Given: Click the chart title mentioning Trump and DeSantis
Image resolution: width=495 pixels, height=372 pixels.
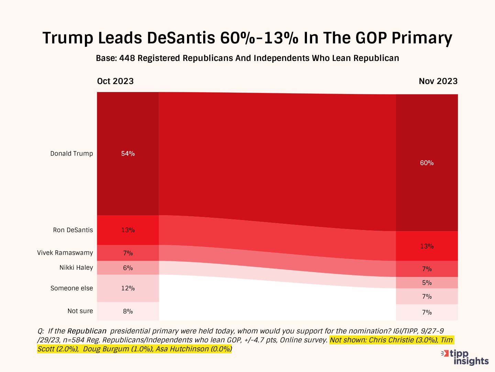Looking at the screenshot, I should click(x=247, y=38).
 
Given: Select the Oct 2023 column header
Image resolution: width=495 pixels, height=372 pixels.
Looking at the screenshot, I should click(x=115, y=81).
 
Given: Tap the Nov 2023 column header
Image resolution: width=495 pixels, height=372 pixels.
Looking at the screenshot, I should click(x=438, y=81).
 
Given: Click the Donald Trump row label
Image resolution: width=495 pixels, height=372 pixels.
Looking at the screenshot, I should click(x=71, y=154).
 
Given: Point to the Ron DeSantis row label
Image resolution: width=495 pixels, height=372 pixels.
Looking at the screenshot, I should click(x=73, y=230).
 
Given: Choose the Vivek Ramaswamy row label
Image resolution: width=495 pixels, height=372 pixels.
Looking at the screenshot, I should click(x=65, y=253).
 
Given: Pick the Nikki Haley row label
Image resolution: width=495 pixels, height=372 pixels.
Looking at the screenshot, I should click(x=76, y=268).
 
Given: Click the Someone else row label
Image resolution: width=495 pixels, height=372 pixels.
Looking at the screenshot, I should click(x=71, y=288).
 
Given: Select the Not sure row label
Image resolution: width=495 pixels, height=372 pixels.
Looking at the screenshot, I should click(x=80, y=311).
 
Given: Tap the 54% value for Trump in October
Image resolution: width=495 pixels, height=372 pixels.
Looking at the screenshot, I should click(x=128, y=154).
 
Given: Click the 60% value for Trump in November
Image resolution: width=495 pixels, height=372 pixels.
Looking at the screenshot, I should click(x=427, y=163).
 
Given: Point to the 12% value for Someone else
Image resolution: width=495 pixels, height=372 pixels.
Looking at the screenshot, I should click(x=128, y=288).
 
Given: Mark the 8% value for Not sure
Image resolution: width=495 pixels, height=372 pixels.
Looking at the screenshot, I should click(x=128, y=311).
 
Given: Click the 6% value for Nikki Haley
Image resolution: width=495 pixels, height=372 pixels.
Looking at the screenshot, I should click(x=128, y=268).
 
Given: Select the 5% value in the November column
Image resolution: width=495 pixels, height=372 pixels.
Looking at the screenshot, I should click(x=427, y=283).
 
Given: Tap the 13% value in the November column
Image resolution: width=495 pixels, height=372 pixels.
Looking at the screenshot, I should click(x=427, y=246).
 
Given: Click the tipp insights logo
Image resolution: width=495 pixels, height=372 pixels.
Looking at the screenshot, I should click(x=466, y=357).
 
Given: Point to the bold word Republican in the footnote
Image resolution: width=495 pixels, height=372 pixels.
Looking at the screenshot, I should click(x=87, y=331).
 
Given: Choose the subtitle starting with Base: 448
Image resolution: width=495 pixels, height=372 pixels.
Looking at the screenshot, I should click(x=247, y=58).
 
